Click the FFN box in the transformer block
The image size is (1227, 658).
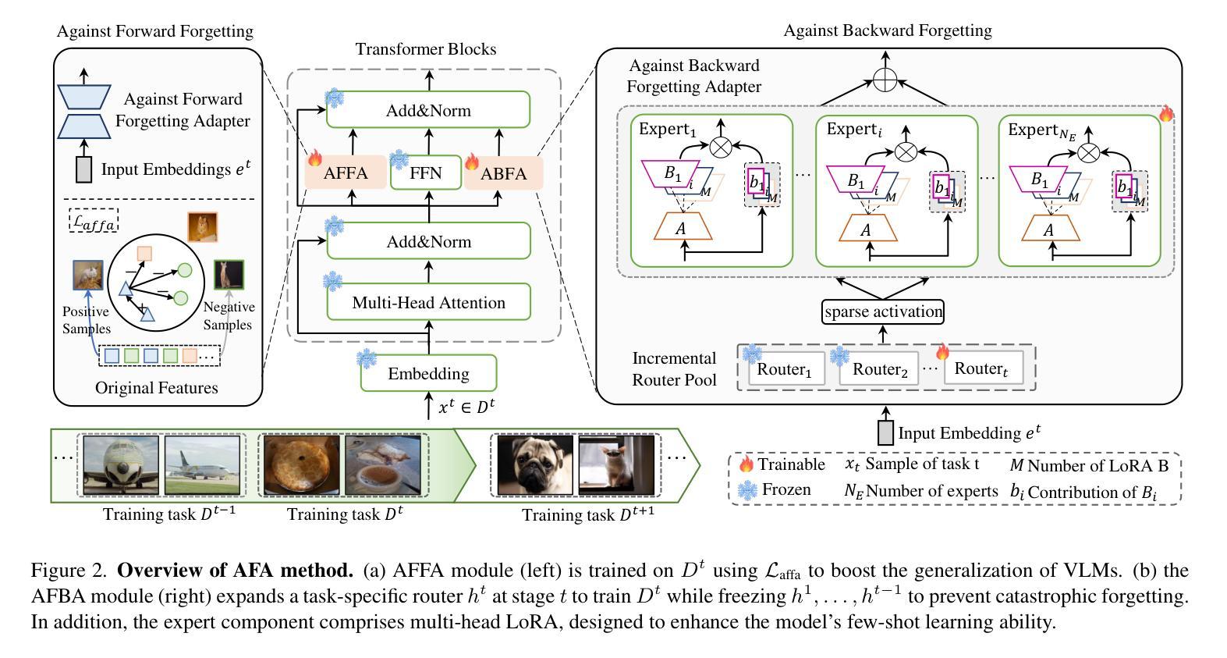point(426,173)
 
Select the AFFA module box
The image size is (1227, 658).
point(346,173)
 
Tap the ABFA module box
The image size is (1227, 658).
point(503,173)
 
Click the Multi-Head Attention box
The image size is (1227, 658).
point(429,302)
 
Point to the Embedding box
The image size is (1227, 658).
point(429,373)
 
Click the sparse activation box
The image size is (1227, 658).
point(883,311)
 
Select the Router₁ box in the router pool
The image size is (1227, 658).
point(786,369)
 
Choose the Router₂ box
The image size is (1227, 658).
point(879,369)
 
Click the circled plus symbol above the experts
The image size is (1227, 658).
point(885,80)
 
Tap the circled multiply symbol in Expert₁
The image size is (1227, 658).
point(721,147)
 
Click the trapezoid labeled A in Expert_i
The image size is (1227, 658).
point(867,228)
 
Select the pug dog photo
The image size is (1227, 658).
point(535,465)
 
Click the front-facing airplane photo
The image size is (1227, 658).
point(121,465)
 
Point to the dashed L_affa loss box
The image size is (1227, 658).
point(94,220)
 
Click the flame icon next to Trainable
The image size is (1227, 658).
point(746,464)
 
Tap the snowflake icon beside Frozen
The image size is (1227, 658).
point(747,489)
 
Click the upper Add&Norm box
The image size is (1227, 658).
point(428,109)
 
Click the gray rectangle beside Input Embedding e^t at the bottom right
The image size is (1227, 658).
point(885,432)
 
